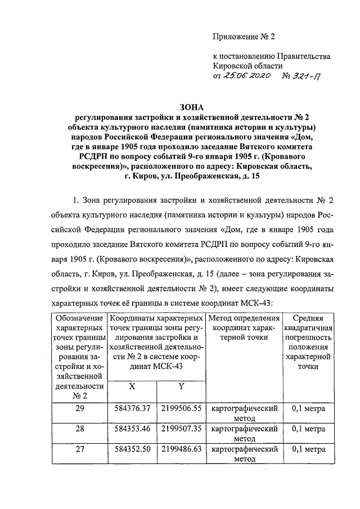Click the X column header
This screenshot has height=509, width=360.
132,386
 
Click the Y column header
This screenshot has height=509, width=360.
182,386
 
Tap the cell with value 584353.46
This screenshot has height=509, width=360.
133,429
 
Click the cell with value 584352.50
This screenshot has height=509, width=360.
133,449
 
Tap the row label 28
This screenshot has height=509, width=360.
79,429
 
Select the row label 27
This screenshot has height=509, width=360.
79,449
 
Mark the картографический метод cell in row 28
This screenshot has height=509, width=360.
245,433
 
